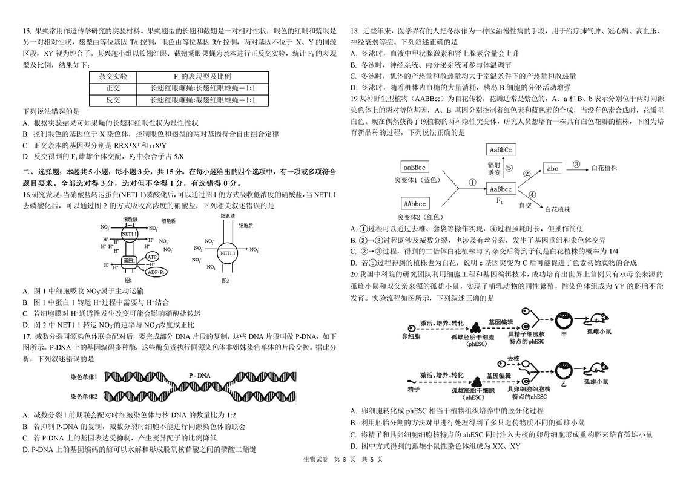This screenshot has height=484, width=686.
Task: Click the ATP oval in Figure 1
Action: pyautogui.click(x=151, y=257)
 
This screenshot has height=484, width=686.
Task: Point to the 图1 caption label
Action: pyautogui.click(x=128, y=281)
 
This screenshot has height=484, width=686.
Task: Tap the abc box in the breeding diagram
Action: pyautogui.click(x=552, y=168)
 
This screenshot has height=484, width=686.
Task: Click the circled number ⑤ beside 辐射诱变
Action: pyautogui.click(x=509, y=169)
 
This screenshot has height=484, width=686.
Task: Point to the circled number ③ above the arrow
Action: pyautogui.click(x=576, y=163)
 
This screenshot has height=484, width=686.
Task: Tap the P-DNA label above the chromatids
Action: pyautogui.click(x=199, y=375)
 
